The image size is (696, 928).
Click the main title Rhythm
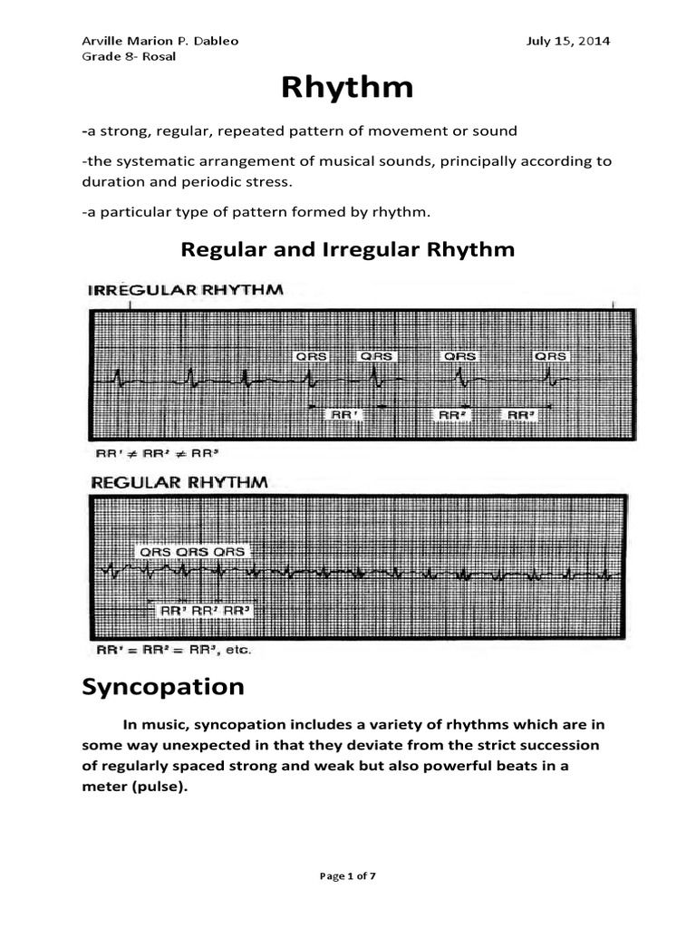pyautogui.click(x=347, y=88)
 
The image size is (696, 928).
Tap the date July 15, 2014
pyautogui.click(x=567, y=41)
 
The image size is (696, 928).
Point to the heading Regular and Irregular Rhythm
pyautogui.click(x=348, y=248)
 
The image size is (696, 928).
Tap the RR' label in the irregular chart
pyautogui.click(x=344, y=414)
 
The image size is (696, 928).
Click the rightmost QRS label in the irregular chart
pyautogui.click(x=550, y=356)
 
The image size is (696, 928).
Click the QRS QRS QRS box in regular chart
pyautogui.click(x=191, y=551)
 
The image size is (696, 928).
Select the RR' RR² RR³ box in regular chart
pyautogui.click(x=204, y=611)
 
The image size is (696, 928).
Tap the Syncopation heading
pyautogui.click(x=163, y=687)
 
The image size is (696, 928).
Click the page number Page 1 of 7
pyautogui.click(x=347, y=875)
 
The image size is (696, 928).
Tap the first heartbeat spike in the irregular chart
pyautogui.click(x=117, y=376)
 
